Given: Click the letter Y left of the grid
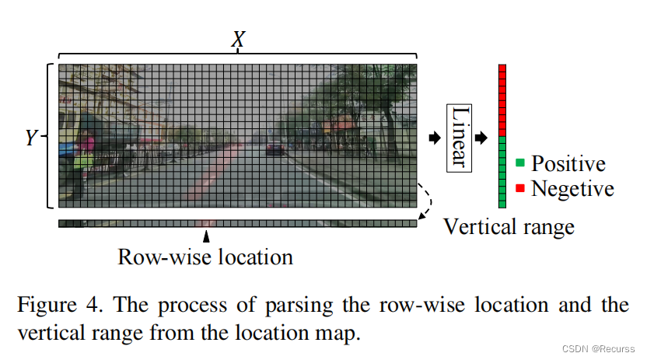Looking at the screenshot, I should (31, 138).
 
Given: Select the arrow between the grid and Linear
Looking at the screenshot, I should (433, 138).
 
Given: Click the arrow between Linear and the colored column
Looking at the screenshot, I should (482, 138).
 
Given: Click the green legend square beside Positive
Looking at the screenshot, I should (520, 163).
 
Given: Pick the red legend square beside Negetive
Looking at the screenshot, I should (520, 187).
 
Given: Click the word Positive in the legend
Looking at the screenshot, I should (568, 163).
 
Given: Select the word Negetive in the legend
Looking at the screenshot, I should (572, 188).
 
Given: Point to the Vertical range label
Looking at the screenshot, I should (509, 226).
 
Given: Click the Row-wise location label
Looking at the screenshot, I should (205, 256).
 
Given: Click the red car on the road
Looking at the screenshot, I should (275, 147).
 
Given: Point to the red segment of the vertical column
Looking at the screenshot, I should (502, 100).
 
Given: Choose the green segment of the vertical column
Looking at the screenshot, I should (502, 172).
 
